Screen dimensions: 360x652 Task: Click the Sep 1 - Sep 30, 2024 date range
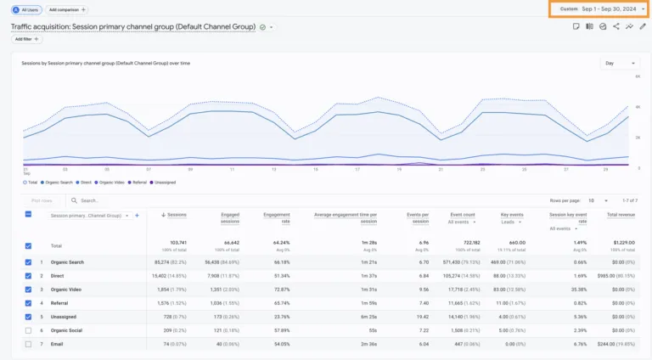click(x=609, y=8)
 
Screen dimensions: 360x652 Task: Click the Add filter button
click(x=27, y=39)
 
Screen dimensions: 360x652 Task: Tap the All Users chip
click(x=26, y=8)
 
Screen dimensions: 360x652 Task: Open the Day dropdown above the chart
click(x=621, y=63)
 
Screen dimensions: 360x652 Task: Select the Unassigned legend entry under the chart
click(x=163, y=182)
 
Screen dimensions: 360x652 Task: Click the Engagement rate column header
click(x=277, y=217)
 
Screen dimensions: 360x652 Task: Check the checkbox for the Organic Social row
click(x=29, y=329)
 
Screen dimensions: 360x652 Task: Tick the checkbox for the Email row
click(x=29, y=343)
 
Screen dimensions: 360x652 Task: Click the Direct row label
click(x=59, y=276)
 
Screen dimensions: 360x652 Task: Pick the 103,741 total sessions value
click(x=178, y=242)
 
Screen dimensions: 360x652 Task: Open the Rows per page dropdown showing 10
click(x=598, y=200)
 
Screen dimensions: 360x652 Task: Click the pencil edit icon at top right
click(x=642, y=26)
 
